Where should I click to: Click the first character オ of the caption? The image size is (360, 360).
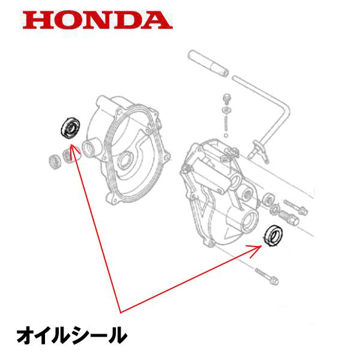(28, 335)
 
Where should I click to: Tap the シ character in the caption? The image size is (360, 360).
(71, 335)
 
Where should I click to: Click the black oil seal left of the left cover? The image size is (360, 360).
(70, 128)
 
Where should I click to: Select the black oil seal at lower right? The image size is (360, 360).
(273, 236)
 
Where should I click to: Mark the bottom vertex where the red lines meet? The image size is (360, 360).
(121, 313)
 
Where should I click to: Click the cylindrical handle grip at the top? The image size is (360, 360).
(208, 63)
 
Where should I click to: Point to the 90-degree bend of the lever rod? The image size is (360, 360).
(286, 107)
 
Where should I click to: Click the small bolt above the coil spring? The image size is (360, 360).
(227, 99)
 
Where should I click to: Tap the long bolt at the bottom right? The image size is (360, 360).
(267, 276)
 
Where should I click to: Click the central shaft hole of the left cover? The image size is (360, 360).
(125, 160)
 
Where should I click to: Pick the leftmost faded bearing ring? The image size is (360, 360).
(55, 162)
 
